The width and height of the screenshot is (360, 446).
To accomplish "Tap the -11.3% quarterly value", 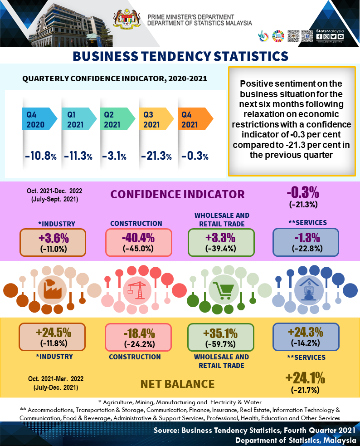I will tap(78, 157).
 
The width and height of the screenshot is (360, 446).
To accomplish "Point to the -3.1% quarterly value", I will tap(117, 157).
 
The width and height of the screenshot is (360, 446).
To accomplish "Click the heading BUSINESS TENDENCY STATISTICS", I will tap(180, 56).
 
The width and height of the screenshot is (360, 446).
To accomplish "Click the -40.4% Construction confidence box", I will tap(138, 242).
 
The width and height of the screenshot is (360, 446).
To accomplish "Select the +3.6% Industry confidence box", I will tap(53, 242).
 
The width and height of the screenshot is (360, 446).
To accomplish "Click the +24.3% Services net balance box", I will tap(306, 336).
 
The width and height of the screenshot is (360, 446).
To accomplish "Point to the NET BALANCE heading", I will tap(177, 384).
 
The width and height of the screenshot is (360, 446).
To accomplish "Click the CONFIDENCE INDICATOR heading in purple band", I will tap(177, 194).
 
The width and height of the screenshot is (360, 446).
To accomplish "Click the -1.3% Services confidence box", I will tap(306, 241).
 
